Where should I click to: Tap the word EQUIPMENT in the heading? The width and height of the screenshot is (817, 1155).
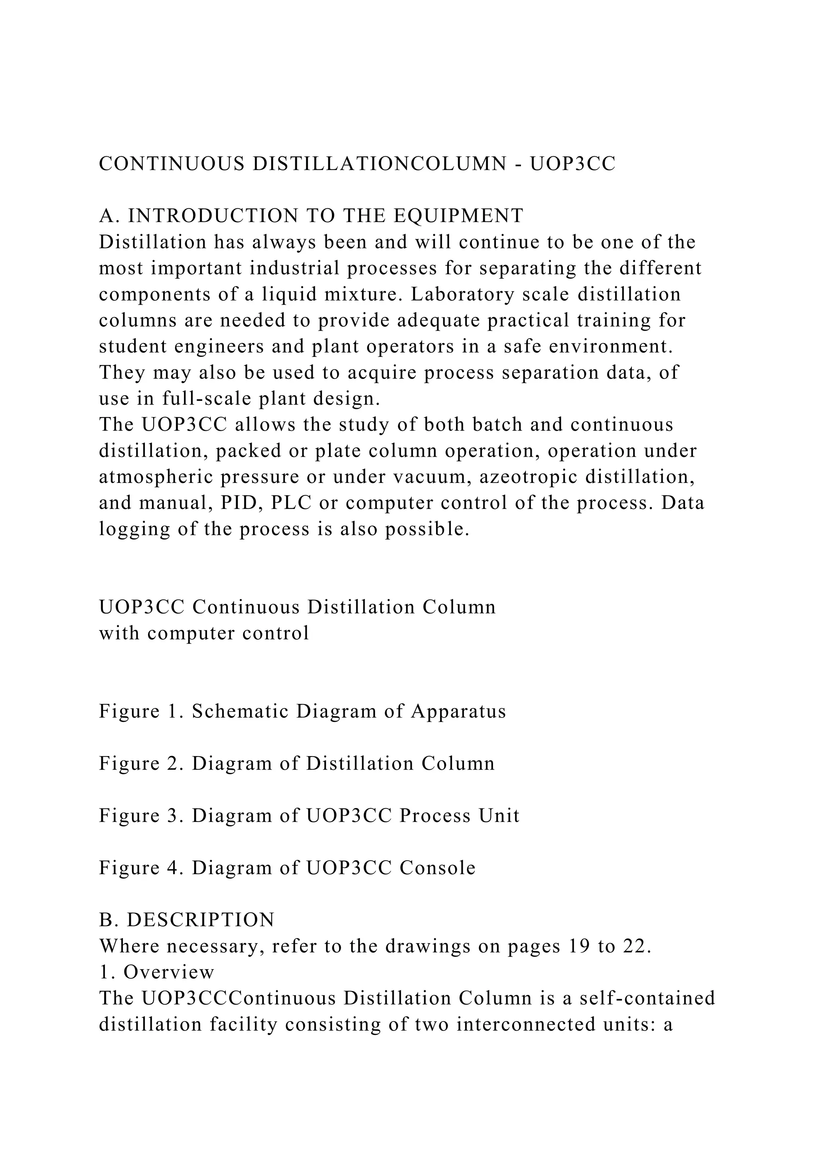click(458, 216)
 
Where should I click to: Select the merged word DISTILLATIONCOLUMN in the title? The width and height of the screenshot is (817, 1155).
click(379, 164)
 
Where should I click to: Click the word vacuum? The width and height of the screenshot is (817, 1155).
click(431, 477)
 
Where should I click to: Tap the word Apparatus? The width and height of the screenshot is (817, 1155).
click(458, 712)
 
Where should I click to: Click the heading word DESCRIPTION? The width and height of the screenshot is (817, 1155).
click(201, 920)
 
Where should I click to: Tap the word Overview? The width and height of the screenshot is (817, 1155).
click(169, 972)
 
